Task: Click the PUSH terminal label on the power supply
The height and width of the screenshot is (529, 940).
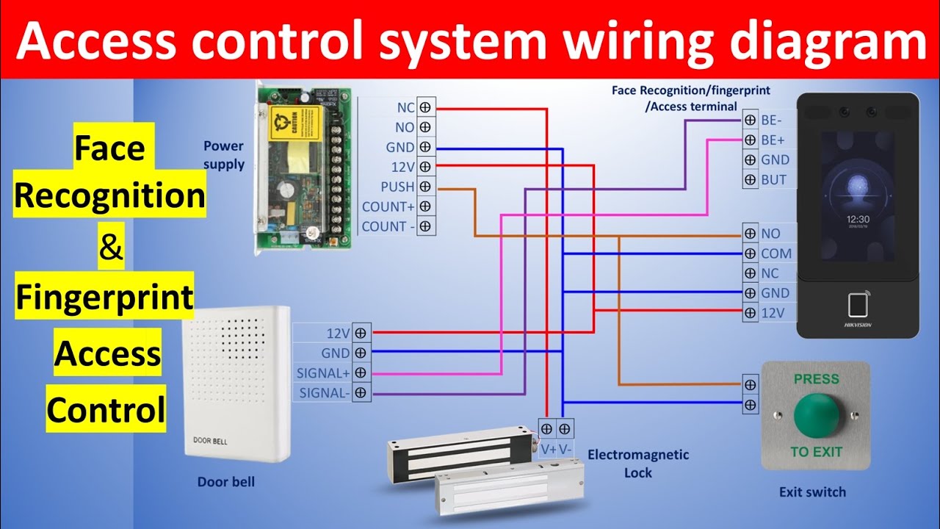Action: (397, 187)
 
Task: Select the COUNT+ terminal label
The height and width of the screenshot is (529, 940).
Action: (388, 207)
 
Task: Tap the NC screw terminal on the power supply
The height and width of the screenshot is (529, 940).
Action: (426, 108)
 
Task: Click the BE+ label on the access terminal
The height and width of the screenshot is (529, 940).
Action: (772, 140)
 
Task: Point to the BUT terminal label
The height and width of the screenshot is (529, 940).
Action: (774, 179)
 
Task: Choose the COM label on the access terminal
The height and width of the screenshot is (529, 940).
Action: (776, 253)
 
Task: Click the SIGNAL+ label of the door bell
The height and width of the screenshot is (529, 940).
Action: (322, 373)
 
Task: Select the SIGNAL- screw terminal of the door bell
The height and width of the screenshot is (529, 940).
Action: (360, 393)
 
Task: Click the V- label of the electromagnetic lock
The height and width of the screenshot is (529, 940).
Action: (565, 448)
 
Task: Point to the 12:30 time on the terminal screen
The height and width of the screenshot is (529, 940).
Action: (857, 219)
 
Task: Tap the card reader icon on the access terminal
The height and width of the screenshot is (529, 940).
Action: (857, 304)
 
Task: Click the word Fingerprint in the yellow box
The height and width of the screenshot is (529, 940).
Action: (105, 299)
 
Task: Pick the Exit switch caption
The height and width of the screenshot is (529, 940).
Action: (812, 492)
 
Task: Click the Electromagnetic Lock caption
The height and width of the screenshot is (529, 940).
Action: (638, 464)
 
